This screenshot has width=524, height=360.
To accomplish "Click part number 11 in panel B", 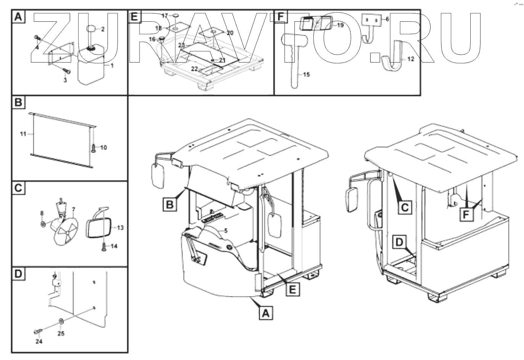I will tap(23, 134).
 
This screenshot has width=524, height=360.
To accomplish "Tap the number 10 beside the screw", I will tap(103, 147).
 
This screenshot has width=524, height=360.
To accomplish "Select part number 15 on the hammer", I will tap(306, 75).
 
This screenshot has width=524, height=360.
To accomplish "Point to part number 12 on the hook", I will tap(410, 59).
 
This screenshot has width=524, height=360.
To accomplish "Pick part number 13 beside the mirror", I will tap(120, 228).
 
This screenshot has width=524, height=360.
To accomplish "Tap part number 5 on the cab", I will tap(226, 230).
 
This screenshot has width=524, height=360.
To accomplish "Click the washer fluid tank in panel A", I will tap(92, 67).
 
